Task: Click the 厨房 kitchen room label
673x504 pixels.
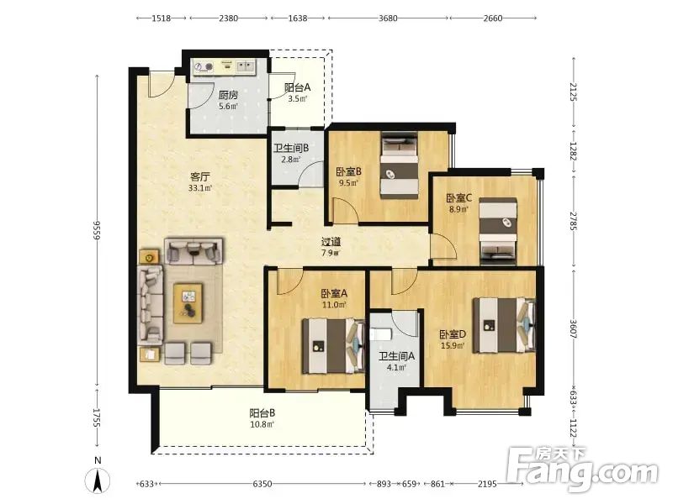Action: [228, 95]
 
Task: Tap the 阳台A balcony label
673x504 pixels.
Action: [297, 87]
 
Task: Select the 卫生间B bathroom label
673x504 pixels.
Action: [291, 149]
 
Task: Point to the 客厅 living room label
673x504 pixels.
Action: [200, 176]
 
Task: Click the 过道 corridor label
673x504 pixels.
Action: [331, 242]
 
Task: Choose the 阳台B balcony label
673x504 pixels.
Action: [262, 413]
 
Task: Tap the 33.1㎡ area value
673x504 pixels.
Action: [200, 187]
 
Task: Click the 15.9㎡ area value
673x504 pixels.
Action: [453, 345]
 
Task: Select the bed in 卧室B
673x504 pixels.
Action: [399, 165]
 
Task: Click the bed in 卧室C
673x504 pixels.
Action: [498, 230]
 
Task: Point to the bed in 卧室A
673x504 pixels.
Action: [334, 346]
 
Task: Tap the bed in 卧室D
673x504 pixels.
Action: [504, 326]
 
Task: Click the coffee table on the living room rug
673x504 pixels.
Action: [188, 303]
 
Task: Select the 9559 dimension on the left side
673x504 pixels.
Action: [97, 230]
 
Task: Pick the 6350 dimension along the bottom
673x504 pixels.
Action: [262, 484]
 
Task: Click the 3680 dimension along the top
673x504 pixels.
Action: [388, 18]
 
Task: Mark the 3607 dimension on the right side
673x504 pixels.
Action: [574, 329]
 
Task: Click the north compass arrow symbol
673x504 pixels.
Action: [98, 480]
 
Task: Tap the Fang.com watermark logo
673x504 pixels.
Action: [582, 470]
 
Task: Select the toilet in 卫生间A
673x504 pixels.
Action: [380, 334]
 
